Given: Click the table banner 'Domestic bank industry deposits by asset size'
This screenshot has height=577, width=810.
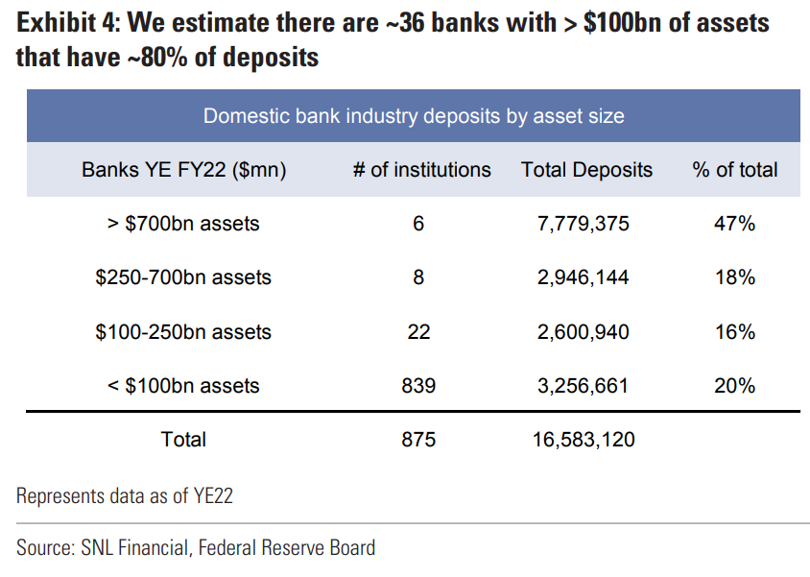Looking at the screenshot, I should coord(413,117).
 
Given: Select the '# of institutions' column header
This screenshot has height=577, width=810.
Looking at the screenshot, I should coord(421,170).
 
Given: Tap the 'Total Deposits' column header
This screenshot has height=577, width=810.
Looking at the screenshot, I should coord(586,170).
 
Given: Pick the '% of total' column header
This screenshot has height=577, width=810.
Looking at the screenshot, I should coord(734,170).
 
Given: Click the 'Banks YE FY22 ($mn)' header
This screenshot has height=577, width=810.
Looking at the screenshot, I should coord(183,170).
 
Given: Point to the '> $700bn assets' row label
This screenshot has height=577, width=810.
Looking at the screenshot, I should coord(183,224).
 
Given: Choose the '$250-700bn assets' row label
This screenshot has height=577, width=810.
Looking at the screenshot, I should coord(183,277).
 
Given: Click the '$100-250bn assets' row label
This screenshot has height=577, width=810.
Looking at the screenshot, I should coord(183,332).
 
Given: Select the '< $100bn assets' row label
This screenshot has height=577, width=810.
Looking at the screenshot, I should coord(183,386).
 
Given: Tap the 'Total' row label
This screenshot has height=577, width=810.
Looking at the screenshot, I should coord(183,440).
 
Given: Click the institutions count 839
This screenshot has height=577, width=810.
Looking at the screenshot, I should coord(418,386).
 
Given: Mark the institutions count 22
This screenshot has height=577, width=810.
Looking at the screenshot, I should coord(418,332).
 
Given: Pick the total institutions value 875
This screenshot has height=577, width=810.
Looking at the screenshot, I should coord(418,440).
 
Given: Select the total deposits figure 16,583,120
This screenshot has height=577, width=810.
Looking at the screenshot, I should coord(584,440).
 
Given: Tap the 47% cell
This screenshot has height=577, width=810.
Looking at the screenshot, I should coord(735,224).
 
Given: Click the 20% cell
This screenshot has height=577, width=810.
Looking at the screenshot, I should coord(735,386).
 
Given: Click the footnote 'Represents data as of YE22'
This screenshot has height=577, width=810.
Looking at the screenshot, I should coord(125,496).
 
